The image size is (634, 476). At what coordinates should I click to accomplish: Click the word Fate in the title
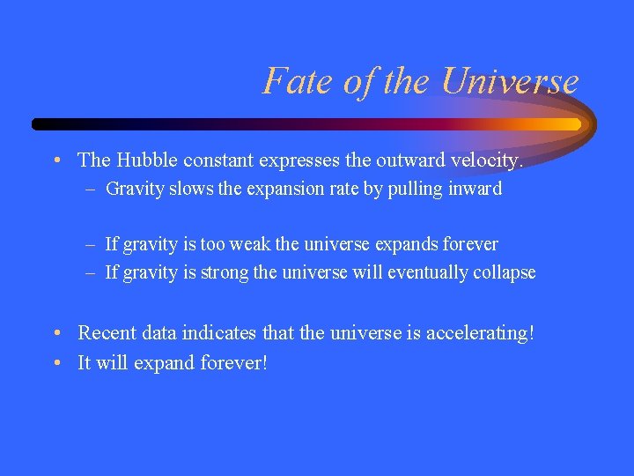[288, 81]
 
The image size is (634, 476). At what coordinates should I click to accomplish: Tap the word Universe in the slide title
[511, 81]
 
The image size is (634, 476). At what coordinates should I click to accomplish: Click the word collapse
[505, 272]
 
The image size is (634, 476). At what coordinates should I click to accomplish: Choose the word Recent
[105, 334]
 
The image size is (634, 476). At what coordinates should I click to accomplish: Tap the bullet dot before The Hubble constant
[55, 160]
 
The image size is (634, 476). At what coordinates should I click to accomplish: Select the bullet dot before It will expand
[55, 363]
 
